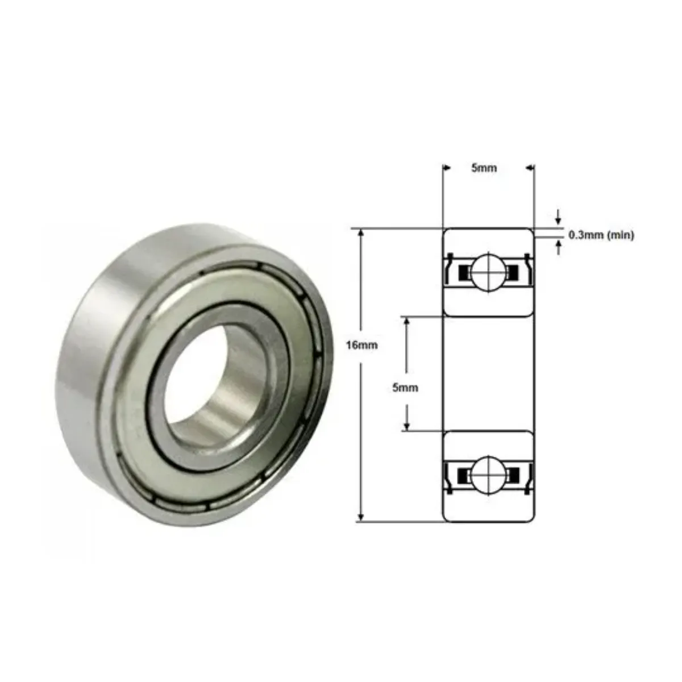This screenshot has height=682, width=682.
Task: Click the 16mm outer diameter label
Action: tap(361, 345)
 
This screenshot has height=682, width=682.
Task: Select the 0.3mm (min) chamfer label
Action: tap(601, 235)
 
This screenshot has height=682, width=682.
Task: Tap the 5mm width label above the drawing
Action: tap(484, 168)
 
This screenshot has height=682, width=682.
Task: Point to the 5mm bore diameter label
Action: tap(405, 388)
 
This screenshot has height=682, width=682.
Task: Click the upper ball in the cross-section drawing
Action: tap(488, 272)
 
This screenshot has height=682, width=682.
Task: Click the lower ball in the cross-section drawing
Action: tap(488, 474)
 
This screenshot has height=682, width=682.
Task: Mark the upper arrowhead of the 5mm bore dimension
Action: tap(407, 321)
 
